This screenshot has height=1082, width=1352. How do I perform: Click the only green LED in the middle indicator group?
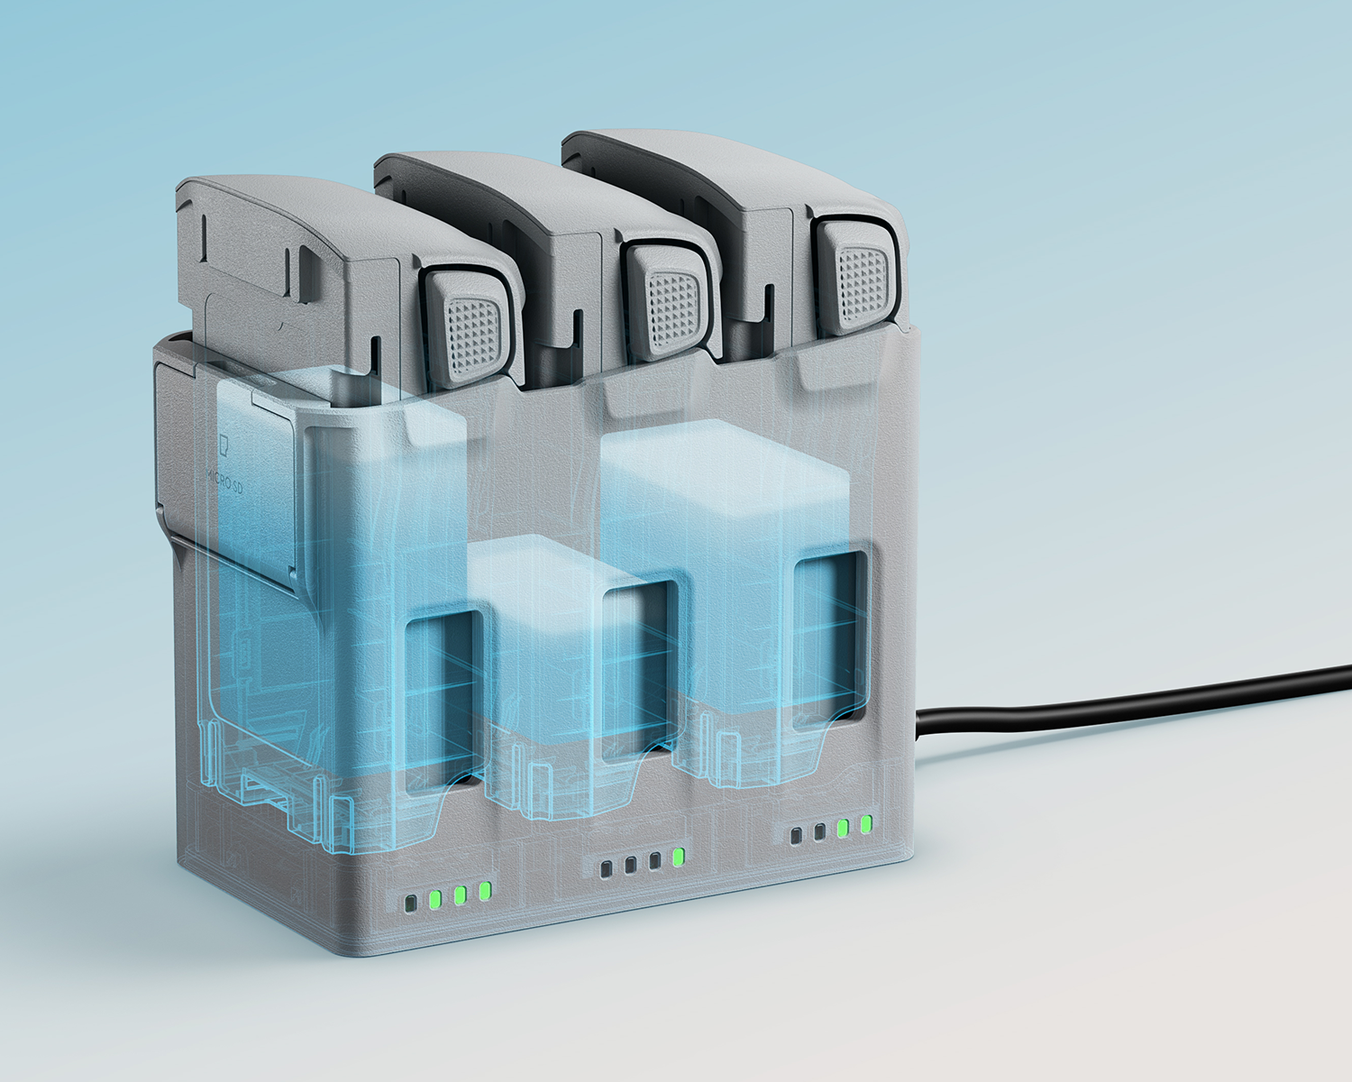[678, 857]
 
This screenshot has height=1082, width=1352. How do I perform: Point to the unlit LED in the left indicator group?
[409, 903]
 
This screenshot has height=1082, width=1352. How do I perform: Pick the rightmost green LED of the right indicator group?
[866, 824]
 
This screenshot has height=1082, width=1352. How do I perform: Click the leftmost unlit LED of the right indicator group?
[795, 836]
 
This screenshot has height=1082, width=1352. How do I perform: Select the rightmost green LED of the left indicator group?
[484, 890]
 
